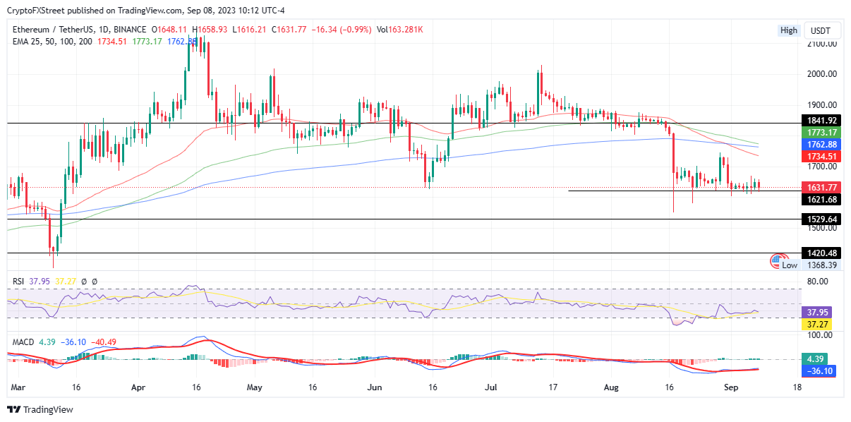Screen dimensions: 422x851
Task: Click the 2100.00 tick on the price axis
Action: (822, 44)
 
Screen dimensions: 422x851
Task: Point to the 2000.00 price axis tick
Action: (822, 73)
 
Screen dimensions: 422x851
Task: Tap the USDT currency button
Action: (821, 30)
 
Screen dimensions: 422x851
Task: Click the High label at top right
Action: (788, 30)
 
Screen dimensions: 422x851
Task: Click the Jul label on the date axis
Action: (492, 387)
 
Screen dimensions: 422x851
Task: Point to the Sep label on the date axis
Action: (732, 387)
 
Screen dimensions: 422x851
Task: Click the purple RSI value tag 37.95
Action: (817, 311)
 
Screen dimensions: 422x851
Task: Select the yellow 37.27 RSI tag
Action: (817, 323)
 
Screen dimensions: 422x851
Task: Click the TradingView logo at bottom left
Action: (40, 409)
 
